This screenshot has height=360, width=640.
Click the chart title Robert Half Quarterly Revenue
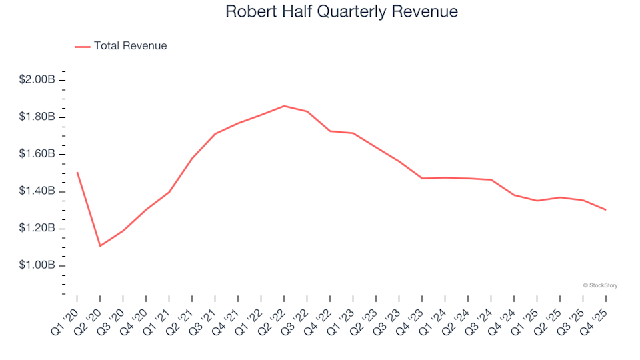[x=341, y=12]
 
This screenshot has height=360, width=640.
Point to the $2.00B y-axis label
[x=37, y=80]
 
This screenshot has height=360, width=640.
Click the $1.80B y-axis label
[x=37, y=117]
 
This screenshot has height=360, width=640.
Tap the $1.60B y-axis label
[x=37, y=154]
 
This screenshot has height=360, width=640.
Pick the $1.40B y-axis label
[x=37, y=191]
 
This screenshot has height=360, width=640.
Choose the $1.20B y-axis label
[x=37, y=229]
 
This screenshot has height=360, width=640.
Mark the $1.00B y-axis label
[x=37, y=265]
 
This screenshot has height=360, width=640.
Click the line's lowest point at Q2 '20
[x=100, y=246]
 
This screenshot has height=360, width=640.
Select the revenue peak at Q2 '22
[x=284, y=106]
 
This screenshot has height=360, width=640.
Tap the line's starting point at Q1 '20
[x=77, y=173]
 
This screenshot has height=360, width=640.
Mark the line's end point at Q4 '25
[x=605, y=210]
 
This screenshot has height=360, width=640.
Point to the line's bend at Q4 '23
[x=422, y=178]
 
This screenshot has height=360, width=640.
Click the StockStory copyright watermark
[x=600, y=285]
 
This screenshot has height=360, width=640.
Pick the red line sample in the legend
[x=82, y=47]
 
